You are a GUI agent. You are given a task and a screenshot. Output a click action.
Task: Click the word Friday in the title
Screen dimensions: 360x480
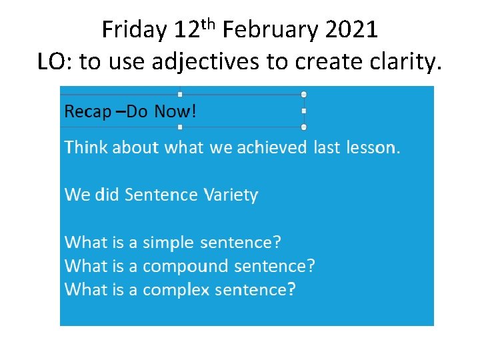point(135,31)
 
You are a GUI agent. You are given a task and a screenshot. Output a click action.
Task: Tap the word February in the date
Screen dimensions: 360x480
point(266,31)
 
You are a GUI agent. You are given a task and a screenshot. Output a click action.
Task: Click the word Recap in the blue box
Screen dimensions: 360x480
point(87,112)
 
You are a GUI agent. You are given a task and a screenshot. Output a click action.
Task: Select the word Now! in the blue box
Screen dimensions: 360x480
point(175,111)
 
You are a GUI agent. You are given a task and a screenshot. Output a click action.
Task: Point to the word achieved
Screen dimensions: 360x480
point(272,147)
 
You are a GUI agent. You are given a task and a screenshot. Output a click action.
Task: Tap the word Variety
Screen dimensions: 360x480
point(231,195)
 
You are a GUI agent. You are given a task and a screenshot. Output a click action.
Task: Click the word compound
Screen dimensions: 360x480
point(185,267)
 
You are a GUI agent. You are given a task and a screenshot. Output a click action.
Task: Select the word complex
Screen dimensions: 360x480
point(176,290)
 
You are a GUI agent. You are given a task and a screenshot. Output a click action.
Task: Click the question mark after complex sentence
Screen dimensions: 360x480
point(291,289)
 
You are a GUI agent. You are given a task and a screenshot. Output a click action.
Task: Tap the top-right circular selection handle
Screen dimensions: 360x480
point(304,95)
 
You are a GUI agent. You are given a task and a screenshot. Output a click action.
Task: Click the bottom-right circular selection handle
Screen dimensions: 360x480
point(304,127)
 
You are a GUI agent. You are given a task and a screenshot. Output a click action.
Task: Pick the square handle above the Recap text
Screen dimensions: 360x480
point(180,95)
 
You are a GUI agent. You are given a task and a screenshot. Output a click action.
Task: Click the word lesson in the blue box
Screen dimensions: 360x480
point(371,147)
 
